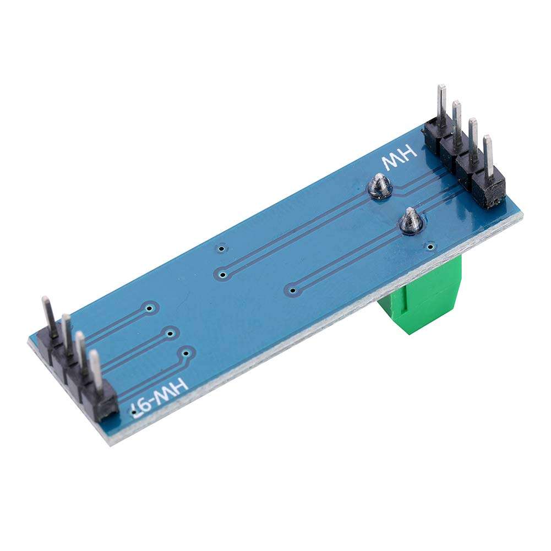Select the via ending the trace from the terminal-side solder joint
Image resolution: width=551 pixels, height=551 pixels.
(293, 289)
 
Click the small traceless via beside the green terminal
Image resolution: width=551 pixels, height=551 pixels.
(430, 246)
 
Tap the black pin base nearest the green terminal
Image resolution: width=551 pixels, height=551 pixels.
(488, 192)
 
